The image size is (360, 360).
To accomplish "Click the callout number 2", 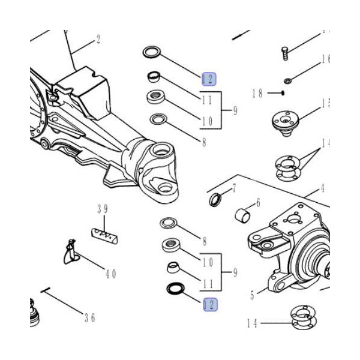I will [98, 41].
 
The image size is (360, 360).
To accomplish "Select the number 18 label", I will [257, 93].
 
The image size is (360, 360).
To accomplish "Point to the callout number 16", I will [325, 59].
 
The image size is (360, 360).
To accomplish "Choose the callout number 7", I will [235, 188].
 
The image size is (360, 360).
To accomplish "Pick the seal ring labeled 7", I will [215, 198].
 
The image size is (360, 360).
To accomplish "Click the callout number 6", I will [258, 203].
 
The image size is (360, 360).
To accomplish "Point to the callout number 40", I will [110, 274].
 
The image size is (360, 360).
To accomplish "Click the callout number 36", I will [89, 318].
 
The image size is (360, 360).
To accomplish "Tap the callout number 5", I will [253, 295].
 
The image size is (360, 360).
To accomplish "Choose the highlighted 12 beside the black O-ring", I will [209, 305].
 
